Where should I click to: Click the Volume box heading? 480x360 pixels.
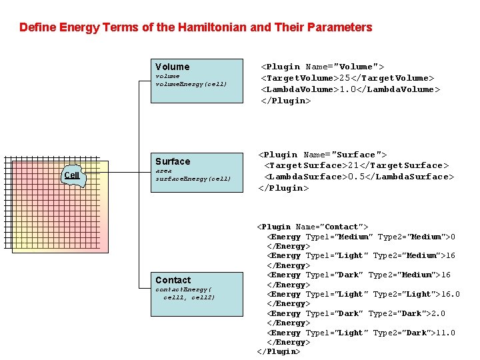coord(172,67)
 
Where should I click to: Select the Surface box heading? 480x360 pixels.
coord(173,161)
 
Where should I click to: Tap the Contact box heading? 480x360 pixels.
coord(173,280)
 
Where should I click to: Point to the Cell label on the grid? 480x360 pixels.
coord(71,175)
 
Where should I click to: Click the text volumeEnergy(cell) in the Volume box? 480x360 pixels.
coord(191,85)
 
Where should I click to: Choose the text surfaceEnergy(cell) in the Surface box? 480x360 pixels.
coord(193,179)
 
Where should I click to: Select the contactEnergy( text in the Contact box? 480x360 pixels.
coord(183,289)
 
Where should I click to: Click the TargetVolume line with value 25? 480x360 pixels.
coord(347,78)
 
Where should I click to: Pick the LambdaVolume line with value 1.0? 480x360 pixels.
coord(349,89)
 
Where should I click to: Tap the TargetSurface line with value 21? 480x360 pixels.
coord(357,165)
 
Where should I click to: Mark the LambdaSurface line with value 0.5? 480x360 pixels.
coord(359,177)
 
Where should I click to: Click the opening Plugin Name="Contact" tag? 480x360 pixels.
coord(313,227)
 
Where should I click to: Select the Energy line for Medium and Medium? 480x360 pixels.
coord(361,237)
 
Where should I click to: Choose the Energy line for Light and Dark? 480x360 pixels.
coord(361,333)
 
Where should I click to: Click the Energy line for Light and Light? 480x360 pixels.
coord(363,294)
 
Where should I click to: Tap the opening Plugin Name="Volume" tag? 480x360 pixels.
coord(322,67)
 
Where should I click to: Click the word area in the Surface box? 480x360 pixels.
coord(163,171)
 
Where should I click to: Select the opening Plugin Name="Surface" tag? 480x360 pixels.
coord(323,155)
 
